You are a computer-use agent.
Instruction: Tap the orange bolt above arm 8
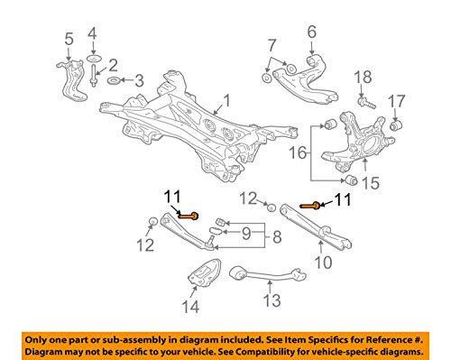(x=190, y=215)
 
